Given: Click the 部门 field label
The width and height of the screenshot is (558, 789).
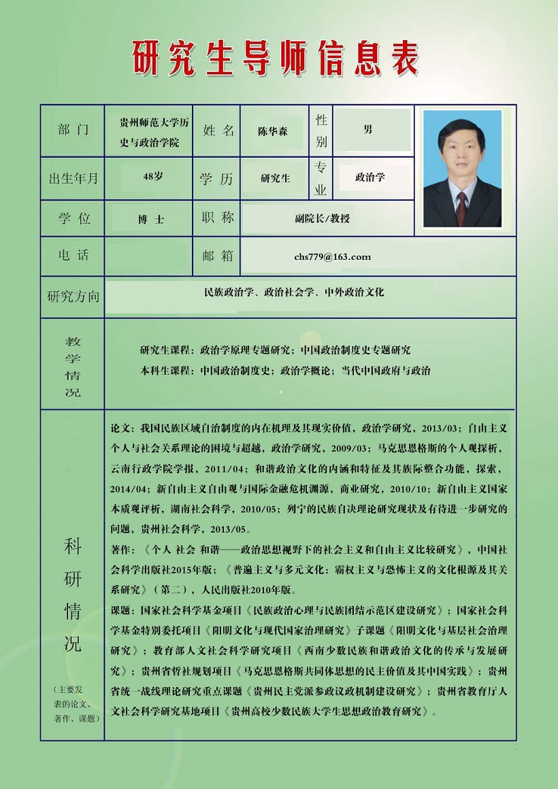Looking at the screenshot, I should tap(73, 130).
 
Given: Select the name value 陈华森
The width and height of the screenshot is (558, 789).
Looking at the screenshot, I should tap(272, 131).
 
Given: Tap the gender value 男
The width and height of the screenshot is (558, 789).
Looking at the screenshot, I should tap(368, 129).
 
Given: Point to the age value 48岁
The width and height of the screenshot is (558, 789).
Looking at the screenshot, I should tap(153, 176).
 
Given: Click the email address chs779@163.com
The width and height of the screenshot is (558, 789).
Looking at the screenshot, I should tap(333, 256).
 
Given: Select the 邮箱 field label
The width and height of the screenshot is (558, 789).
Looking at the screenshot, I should tap(218, 255).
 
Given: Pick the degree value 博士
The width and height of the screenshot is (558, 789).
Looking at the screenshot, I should tap(151, 220).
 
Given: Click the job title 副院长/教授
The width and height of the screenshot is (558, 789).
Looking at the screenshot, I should tap(323, 218).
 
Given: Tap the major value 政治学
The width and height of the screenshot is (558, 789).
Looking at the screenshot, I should tap(370, 177).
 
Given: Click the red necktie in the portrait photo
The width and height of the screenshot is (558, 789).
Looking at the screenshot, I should tap(462, 206).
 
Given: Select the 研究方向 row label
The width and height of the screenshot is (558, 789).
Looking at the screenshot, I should tap(73, 297).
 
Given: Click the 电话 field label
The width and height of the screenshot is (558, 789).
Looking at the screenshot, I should tap(73, 255).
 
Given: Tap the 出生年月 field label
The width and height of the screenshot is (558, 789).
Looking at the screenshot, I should tap(73, 178).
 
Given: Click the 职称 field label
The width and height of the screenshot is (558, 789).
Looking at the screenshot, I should tap(218, 217).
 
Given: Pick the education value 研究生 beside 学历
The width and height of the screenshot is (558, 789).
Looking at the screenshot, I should tap(276, 178).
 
